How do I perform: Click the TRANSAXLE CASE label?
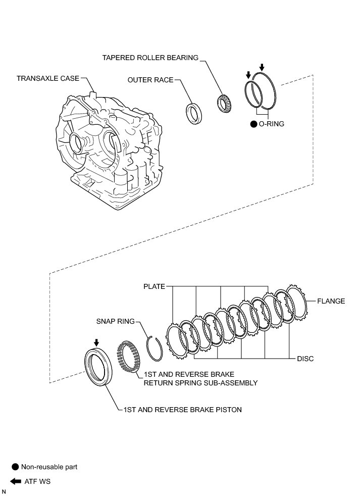pyautogui.click(x=48, y=78)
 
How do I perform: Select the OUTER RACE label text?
pyautogui.click(x=150, y=80)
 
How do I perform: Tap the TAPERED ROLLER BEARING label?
pyautogui.click(x=150, y=58)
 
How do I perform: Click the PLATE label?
pyautogui.click(x=154, y=286)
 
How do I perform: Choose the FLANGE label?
pyautogui.click(x=331, y=301)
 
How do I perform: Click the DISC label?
pyautogui.click(x=305, y=359)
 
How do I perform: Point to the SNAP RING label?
pyautogui.click(x=116, y=321)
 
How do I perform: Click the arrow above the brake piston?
pyautogui.click(x=96, y=343)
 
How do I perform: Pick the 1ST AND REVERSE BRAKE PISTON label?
pyautogui.click(x=182, y=410)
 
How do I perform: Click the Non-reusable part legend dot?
pyautogui.click(x=15, y=467)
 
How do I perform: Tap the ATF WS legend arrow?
pyautogui.click(x=15, y=481)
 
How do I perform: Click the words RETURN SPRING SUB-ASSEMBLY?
pyautogui.click(x=200, y=383)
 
